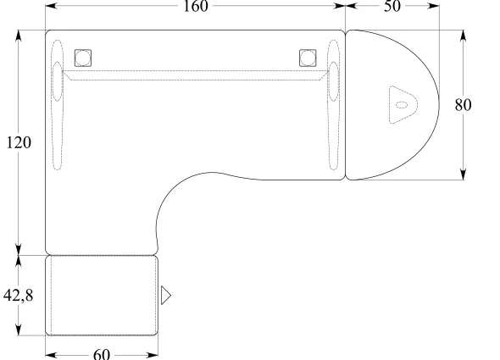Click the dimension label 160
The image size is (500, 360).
(196, 6)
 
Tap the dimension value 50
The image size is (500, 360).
(392, 6)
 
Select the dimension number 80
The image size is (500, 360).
(463, 105)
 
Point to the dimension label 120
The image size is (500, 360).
(19, 142)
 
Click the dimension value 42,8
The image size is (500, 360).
(18, 296)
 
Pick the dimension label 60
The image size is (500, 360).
(102, 354)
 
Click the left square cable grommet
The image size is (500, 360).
(83, 58)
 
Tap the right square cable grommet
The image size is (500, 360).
(308, 58)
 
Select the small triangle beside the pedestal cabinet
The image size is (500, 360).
(165, 296)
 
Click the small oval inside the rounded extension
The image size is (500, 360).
(402, 104)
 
